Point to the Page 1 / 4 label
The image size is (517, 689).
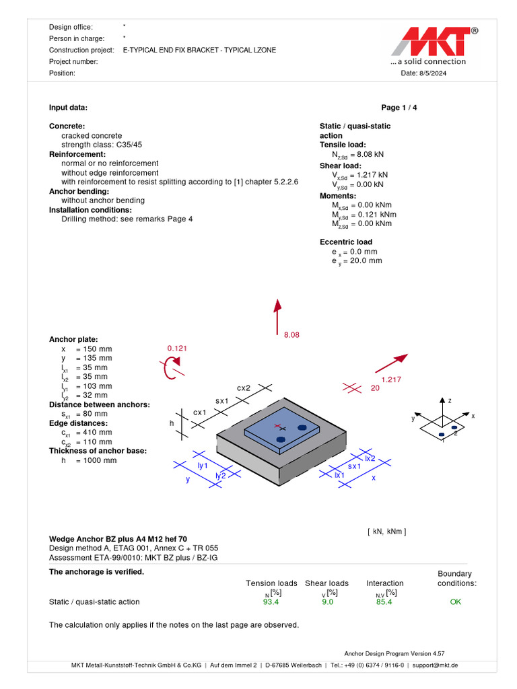pos(399,108)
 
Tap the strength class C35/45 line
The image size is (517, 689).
pos(102,145)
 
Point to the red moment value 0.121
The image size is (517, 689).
pos(177,349)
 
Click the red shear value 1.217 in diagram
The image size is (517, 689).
pos(391,379)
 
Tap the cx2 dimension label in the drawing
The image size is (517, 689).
pos(244,388)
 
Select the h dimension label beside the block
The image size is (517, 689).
pos(172,423)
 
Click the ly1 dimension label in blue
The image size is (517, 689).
pos(202,465)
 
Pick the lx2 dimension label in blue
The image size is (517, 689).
pos(370,458)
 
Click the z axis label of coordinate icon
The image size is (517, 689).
pos(449,400)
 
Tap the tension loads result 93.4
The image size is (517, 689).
pos(271,602)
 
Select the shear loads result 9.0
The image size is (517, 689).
pos(328,602)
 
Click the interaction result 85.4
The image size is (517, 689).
pos(384,602)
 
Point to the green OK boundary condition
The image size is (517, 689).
pos(456,602)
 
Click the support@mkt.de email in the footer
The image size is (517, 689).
pos(435,665)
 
